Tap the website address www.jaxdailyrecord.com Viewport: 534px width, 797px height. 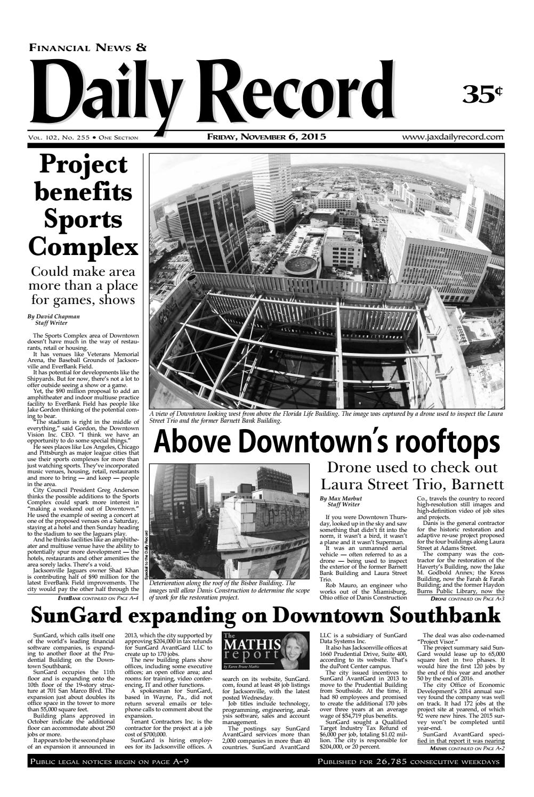pyautogui.click(x=453, y=137)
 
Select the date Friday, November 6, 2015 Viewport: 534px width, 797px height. pyautogui.click(x=266, y=137)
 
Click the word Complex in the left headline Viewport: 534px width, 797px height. pyautogui.click(x=83, y=247)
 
